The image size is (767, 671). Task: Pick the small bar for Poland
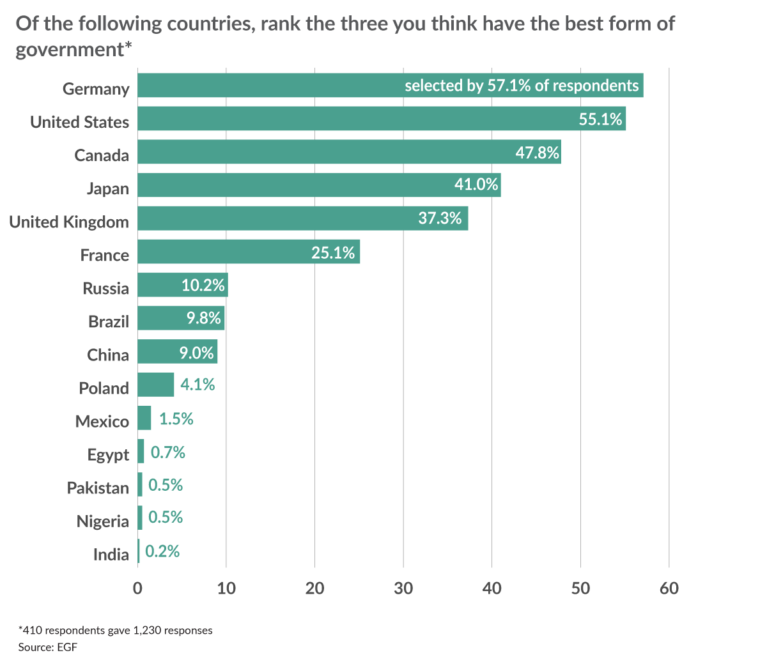point(155,385)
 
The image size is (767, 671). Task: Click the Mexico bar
point(144,418)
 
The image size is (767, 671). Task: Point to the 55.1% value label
point(600,120)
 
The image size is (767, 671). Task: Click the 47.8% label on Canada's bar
point(537,153)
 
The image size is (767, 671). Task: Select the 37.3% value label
point(440,219)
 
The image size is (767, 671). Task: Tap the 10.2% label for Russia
point(203,285)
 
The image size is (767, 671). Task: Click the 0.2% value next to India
point(162,551)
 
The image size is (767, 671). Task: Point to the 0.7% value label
point(168,452)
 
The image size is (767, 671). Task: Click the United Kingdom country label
point(69,222)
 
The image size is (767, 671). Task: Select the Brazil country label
point(109,321)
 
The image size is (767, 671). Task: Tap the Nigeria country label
point(103,521)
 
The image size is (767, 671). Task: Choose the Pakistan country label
point(98,488)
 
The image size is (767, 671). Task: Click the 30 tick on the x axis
point(403,588)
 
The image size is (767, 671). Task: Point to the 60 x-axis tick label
point(669,588)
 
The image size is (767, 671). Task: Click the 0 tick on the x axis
point(137,588)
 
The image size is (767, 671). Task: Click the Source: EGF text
point(48,647)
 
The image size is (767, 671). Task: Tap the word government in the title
point(70,49)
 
